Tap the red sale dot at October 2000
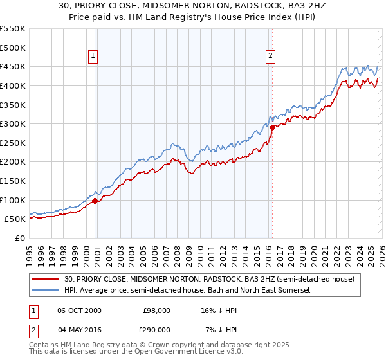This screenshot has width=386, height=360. tap(95, 201)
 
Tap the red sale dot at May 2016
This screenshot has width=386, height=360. tap(271, 127)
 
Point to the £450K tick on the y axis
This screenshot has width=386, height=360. tap(13, 66)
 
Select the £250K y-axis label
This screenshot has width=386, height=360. tap(13, 143)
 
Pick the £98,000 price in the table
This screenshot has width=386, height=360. tap(156, 310)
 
